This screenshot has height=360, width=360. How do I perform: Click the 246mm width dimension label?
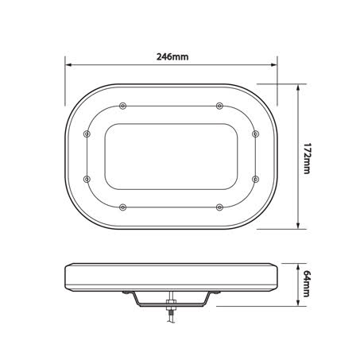[172, 57]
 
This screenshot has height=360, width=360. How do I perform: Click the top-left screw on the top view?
[122, 106]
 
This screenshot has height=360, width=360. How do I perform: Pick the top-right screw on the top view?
[218, 106]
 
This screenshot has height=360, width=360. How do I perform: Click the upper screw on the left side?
[87, 134]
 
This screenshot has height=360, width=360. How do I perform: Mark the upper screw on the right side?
[254, 134]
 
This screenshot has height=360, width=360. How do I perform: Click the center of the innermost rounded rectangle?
[170, 156]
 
